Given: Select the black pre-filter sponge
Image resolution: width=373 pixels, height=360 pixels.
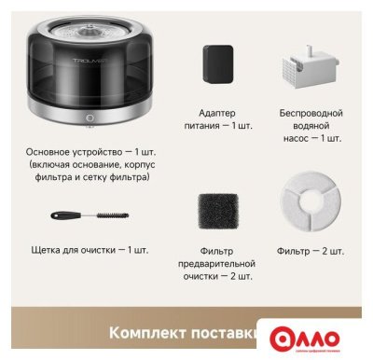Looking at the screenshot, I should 216,213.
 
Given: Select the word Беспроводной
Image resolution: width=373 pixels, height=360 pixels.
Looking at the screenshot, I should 311,113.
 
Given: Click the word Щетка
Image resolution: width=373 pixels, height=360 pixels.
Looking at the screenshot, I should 35,250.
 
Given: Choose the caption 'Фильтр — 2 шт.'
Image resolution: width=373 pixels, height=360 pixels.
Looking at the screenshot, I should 311,251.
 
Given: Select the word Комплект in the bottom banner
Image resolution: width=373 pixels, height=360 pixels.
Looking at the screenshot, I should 144,333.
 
